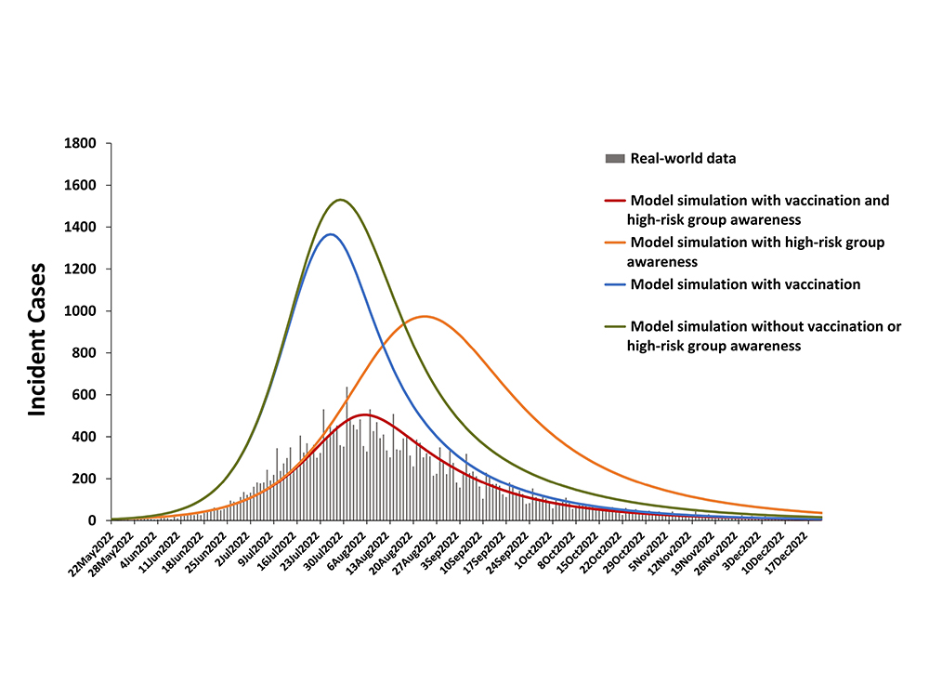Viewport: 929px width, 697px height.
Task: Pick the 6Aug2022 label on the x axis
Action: [x=352, y=548]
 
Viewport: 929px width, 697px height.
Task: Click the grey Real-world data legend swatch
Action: [x=614, y=159]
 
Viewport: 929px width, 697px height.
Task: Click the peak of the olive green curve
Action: [x=341, y=200]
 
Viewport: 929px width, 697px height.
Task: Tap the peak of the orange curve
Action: [x=424, y=317]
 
